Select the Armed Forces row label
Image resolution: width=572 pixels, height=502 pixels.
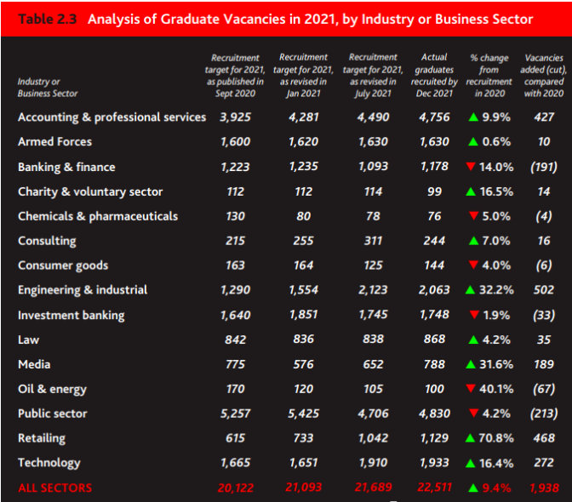[x=54, y=142]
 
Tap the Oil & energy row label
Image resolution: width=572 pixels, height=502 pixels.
[x=52, y=390]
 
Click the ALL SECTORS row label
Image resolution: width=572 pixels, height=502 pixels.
[x=54, y=488]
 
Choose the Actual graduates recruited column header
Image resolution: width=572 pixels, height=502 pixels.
[x=434, y=76]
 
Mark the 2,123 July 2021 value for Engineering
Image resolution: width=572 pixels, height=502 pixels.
[x=373, y=290]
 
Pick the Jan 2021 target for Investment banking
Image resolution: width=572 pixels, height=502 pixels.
[x=303, y=316]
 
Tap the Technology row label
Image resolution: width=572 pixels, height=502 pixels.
[x=49, y=464]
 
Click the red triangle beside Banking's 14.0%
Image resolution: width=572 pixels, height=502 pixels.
[x=470, y=167]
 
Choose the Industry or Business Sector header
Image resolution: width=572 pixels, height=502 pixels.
[x=47, y=88]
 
